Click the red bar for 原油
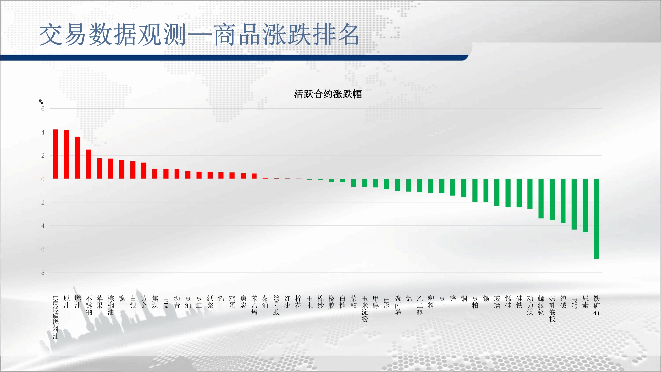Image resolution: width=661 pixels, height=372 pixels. pyautogui.click(x=66, y=154)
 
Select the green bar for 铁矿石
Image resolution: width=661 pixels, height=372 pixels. pyautogui.click(x=596, y=219)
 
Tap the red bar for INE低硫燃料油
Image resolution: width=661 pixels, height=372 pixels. pyautogui.click(x=56, y=154)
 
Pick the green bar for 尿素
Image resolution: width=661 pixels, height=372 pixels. pyautogui.click(x=585, y=206)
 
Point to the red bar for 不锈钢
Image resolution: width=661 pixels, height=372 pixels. pyautogui.click(x=89, y=164)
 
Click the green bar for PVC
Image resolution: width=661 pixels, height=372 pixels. pyautogui.click(x=574, y=204)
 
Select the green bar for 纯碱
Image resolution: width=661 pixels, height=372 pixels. pyautogui.click(x=563, y=201)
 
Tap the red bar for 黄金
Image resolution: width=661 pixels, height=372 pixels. pyautogui.click(x=144, y=171)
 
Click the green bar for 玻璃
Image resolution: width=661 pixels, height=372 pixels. pyautogui.click(x=497, y=192)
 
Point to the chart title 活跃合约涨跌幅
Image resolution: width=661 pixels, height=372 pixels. pyautogui.click(x=328, y=94)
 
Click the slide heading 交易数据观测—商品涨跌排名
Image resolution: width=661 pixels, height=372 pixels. pyautogui.click(x=199, y=34)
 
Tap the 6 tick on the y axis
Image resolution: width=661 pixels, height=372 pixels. pyautogui.click(x=43, y=109)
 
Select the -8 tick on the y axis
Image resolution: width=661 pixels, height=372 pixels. pyautogui.click(x=41, y=273)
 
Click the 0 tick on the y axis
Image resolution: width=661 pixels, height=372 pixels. pyautogui.click(x=43, y=179)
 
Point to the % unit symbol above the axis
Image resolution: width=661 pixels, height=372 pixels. pyautogui.click(x=41, y=102)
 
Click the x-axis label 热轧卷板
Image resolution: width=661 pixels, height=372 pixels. pyautogui.click(x=552, y=309)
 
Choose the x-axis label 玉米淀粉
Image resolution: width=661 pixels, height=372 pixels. pyautogui.click(x=365, y=309)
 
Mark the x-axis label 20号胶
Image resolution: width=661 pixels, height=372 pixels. pyautogui.click(x=276, y=305)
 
